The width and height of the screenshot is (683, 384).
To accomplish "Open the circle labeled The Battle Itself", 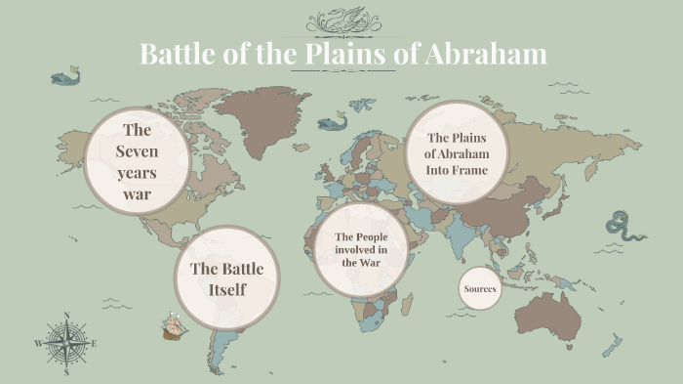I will pos(226,278).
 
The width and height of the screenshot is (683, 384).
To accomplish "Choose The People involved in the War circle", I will pos(362,250).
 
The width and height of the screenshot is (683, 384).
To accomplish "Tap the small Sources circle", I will pos(480,289).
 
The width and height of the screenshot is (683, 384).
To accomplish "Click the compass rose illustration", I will pos(66,343).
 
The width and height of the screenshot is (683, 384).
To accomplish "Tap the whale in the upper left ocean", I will pos(65,75).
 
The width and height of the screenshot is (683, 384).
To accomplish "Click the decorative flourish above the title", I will pos(341,21).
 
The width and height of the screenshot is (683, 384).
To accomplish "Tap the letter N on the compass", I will pos(66,315).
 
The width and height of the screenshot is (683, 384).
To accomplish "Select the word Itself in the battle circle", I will pos(226,290).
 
